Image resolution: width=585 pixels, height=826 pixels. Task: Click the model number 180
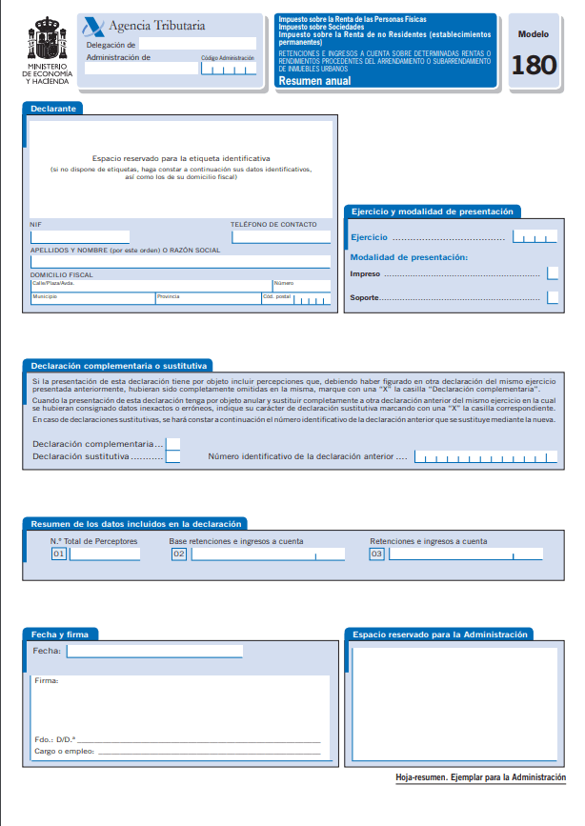click(x=534, y=66)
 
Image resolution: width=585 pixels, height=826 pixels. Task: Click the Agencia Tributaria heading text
click(x=157, y=27)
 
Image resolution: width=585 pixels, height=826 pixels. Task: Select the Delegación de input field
click(x=198, y=44)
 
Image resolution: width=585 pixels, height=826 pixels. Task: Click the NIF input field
click(x=80, y=236)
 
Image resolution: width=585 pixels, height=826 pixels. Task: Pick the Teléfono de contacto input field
click(x=280, y=236)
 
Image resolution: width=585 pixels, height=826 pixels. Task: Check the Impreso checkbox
click(x=553, y=273)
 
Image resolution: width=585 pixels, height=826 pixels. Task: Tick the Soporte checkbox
click(x=553, y=298)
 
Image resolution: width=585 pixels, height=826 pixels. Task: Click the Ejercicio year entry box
click(x=534, y=236)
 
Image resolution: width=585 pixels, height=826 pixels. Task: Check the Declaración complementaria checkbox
click(x=173, y=443)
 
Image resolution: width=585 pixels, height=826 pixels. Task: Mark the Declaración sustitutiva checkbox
click(x=173, y=457)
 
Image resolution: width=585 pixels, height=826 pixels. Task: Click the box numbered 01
click(x=59, y=554)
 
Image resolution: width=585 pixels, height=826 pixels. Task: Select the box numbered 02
click(x=178, y=554)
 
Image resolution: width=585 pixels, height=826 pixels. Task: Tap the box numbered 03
click(x=377, y=554)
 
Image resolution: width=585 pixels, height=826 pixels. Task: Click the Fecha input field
click(x=154, y=652)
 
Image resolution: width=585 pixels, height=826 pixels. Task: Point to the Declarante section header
click(x=52, y=109)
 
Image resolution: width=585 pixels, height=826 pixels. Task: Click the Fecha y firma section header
click(x=60, y=635)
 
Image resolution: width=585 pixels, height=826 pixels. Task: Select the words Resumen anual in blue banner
click(x=314, y=81)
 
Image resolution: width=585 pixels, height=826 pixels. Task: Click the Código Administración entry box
click(x=228, y=69)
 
